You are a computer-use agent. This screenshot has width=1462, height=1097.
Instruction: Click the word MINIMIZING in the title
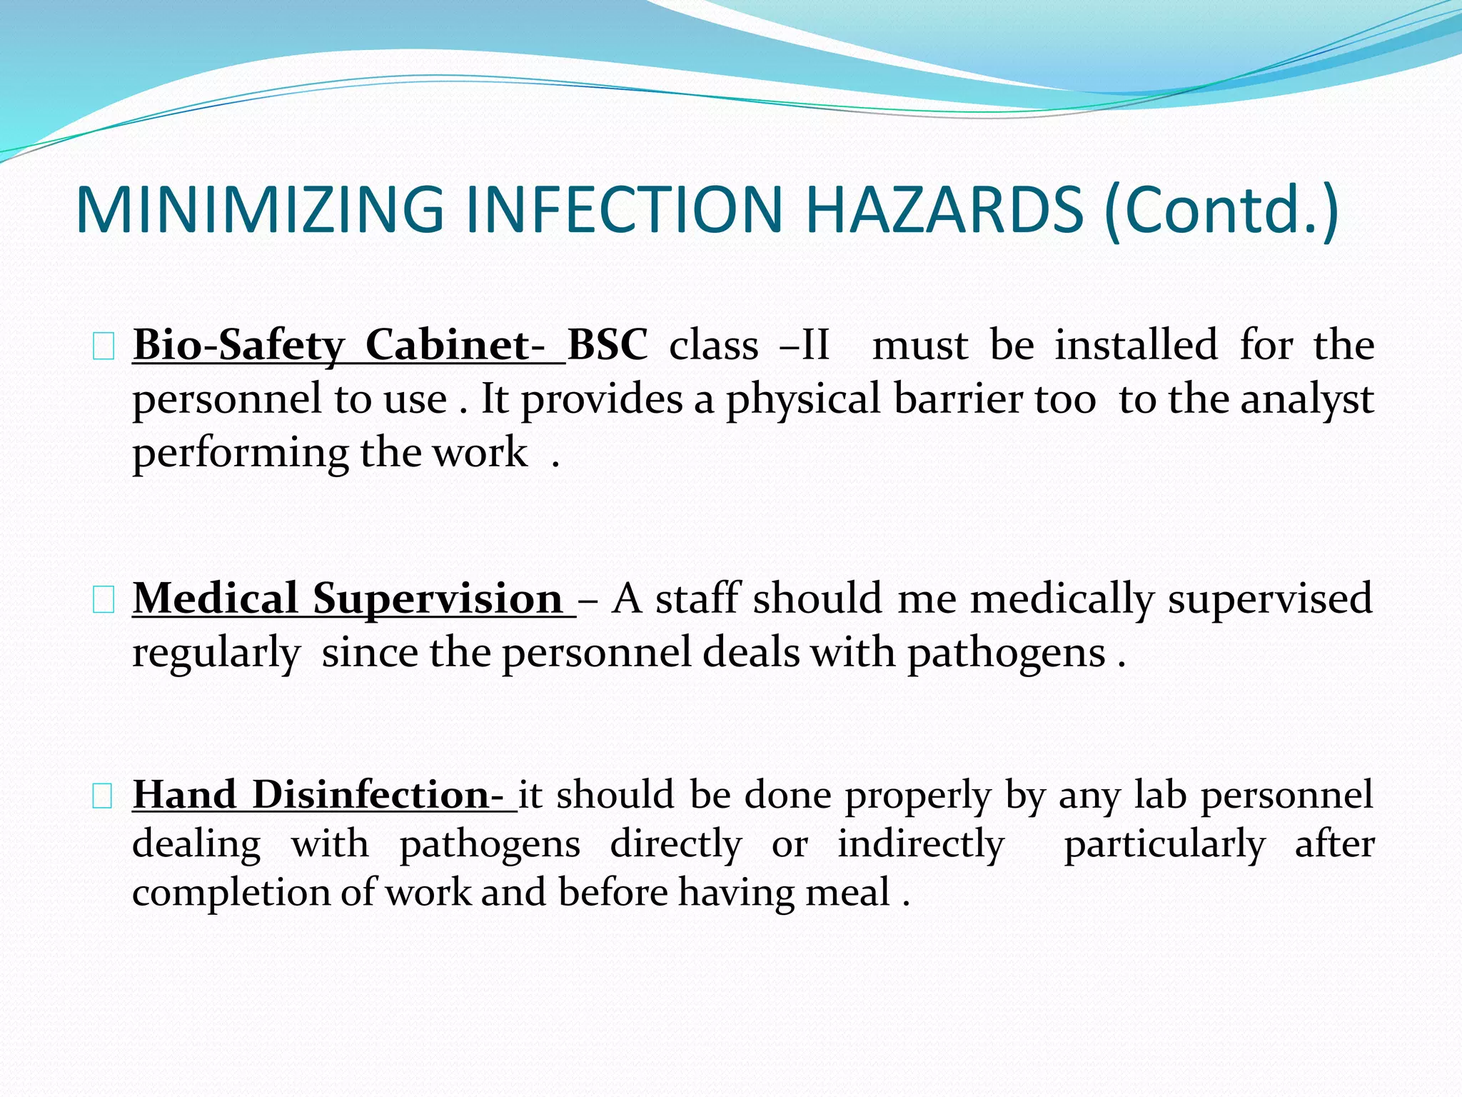[x=260, y=210]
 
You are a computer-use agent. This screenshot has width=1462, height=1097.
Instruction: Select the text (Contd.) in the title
[x=1221, y=211]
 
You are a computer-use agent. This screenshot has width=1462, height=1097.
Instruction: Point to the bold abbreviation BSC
[x=608, y=345]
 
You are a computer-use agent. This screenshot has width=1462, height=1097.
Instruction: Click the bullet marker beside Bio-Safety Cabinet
[x=103, y=348]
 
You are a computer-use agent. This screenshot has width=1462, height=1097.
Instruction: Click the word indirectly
[x=921, y=844]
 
